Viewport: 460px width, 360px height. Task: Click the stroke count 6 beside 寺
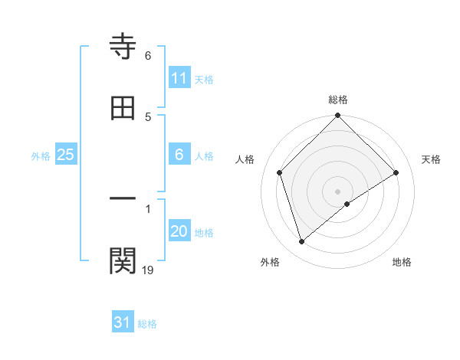pos(148,56)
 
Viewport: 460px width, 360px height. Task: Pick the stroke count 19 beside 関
pos(148,269)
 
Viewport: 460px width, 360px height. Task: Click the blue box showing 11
pos(179,78)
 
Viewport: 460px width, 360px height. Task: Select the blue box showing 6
pos(179,155)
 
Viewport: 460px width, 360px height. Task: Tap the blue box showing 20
pos(179,232)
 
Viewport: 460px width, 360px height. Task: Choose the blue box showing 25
pos(66,155)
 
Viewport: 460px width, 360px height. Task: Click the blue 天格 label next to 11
pos(204,79)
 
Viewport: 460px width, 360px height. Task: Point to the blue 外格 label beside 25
pos(41,155)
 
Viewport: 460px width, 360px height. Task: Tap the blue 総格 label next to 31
pos(147,323)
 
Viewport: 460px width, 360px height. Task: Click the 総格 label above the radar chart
pos(338,100)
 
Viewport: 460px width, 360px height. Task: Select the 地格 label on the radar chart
pos(402,262)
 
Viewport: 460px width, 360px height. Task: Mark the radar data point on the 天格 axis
pos(396,172)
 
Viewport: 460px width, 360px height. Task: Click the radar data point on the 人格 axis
pos(280,172)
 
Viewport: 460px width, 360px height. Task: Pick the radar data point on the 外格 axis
pos(302,242)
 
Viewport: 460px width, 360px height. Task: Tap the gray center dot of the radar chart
pos(338,191)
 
